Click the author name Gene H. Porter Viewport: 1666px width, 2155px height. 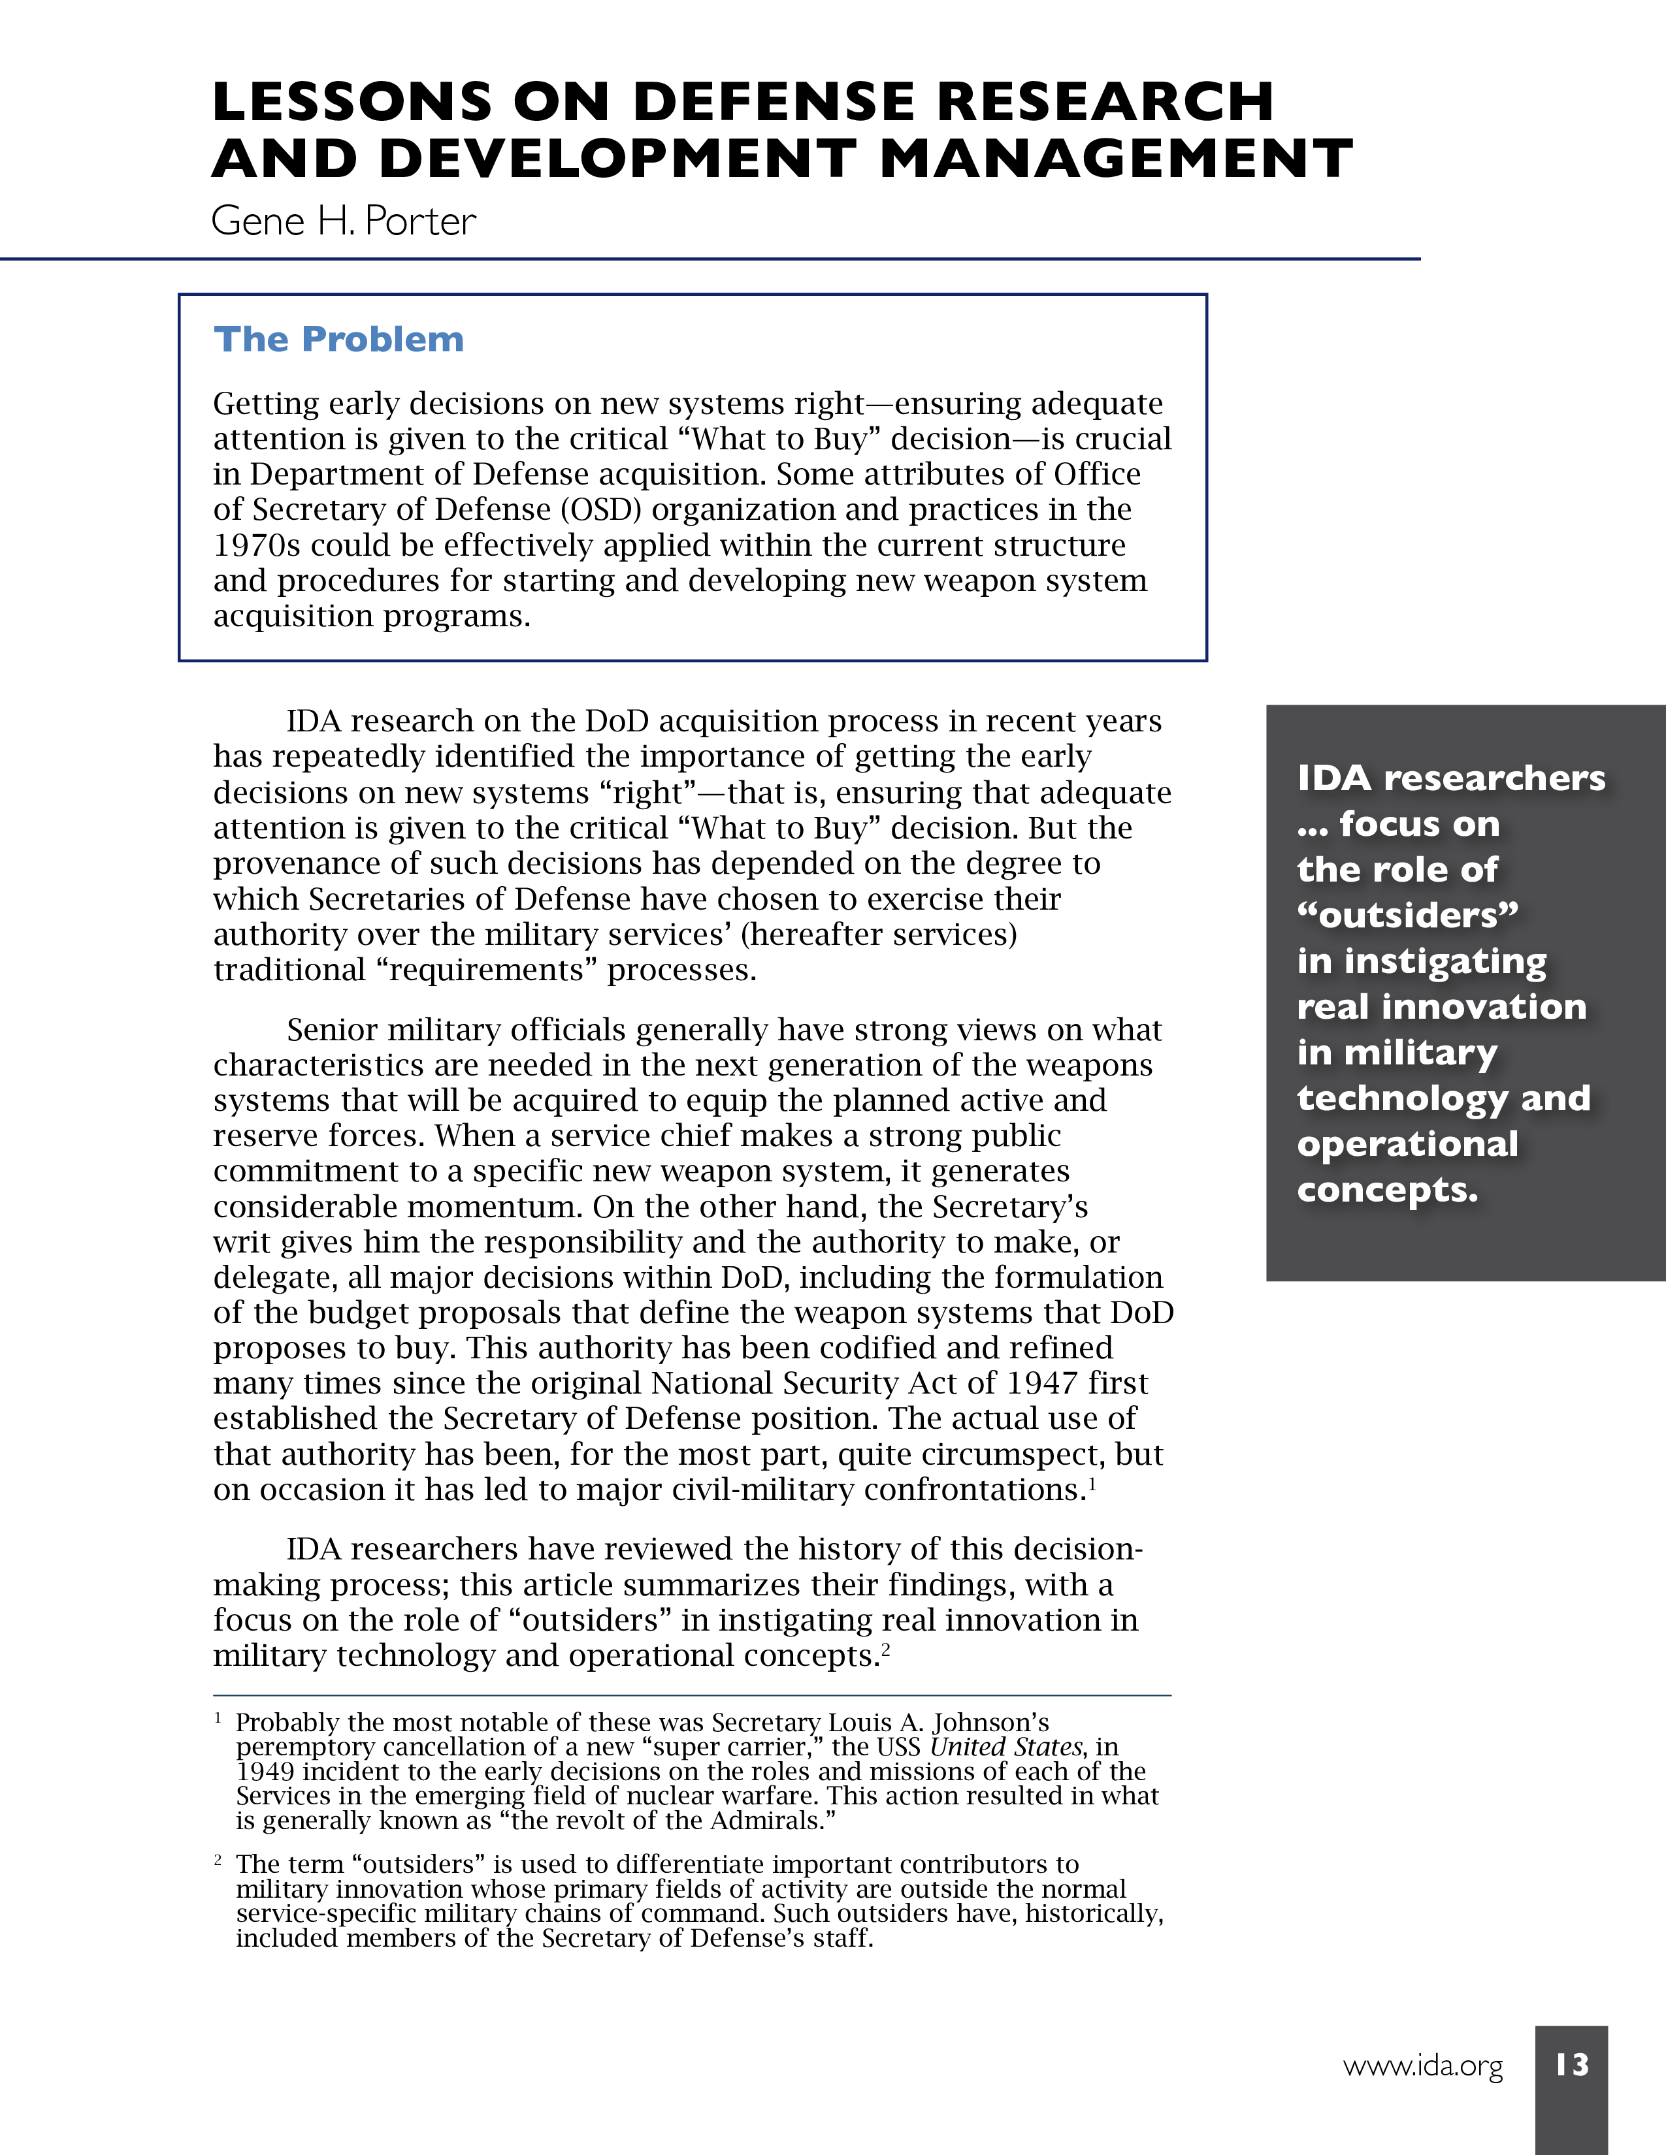click(x=344, y=221)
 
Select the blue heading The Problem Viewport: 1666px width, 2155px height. click(x=338, y=340)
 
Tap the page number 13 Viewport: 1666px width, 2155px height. click(x=1571, y=2064)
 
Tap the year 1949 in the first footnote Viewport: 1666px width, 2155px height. click(x=265, y=1771)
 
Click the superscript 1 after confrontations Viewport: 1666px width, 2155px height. click(x=1092, y=1481)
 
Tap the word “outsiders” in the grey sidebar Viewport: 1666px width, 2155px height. click(x=1407, y=915)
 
